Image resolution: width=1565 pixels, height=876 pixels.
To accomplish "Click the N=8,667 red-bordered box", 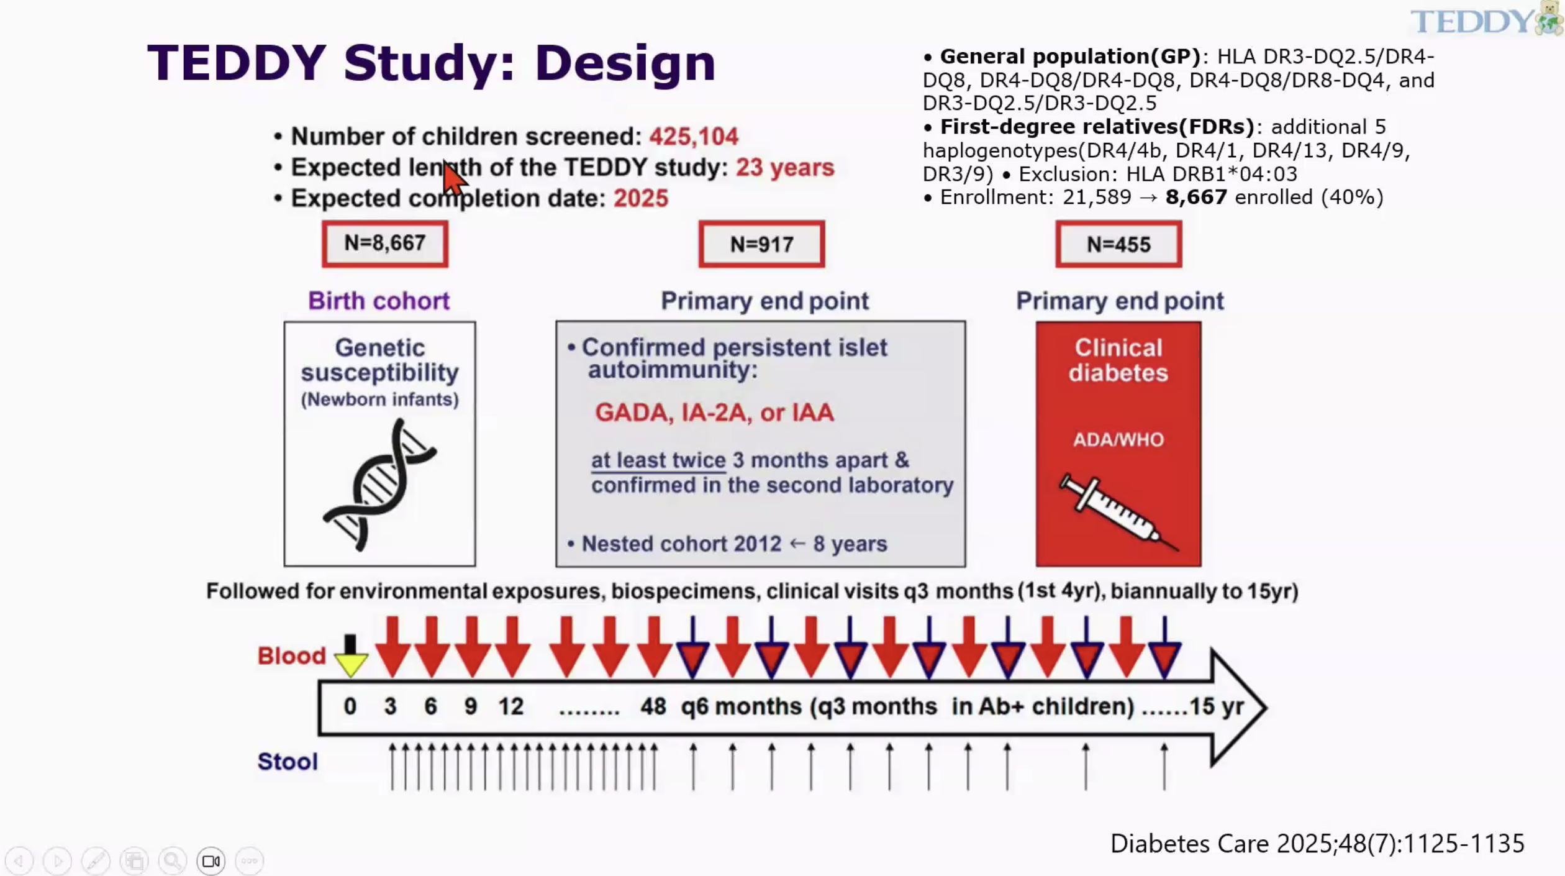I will [384, 244].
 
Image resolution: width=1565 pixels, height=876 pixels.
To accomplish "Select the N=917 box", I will [761, 244].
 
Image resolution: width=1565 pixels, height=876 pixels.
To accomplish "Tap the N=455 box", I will [1118, 244].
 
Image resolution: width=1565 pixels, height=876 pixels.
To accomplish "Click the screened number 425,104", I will [693, 137].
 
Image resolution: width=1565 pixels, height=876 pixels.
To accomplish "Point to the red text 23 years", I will [784, 168].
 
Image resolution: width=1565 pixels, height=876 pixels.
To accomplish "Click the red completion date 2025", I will [640, 199].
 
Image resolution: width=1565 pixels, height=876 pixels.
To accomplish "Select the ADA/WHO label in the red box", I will [1118, 440].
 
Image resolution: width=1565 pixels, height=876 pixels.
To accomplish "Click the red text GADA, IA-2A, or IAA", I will [714, 413].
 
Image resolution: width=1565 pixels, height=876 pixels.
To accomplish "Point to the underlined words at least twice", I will [658, 460].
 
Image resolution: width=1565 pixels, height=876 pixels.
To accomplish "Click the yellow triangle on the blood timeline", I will [351, 664].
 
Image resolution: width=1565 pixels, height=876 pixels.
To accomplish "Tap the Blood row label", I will [291, 656].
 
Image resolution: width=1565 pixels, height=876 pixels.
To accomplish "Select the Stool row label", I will [288, 762].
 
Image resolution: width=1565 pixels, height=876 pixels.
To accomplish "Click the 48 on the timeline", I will [653, 707].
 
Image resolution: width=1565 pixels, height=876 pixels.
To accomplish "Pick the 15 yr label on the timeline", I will [1215, 707].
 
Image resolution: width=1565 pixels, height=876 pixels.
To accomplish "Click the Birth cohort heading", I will [379, 301].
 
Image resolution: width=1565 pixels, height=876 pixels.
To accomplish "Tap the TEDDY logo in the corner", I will [1484, 20].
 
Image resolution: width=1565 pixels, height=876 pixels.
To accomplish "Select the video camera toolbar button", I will [211, 861].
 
